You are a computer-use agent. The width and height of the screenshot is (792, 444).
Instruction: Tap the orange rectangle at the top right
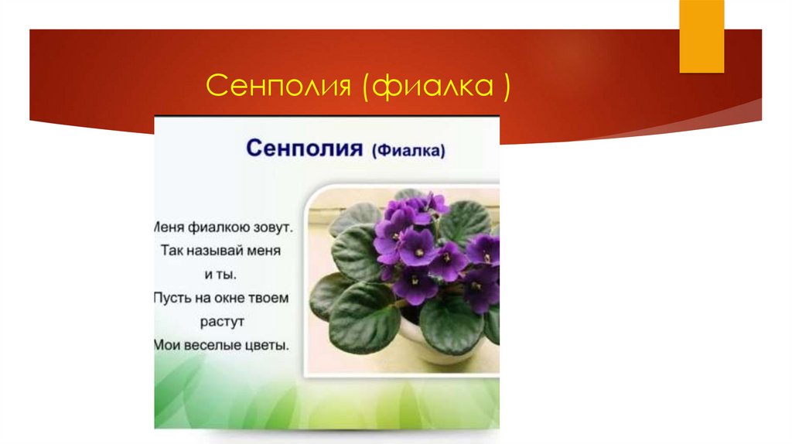(702, 36)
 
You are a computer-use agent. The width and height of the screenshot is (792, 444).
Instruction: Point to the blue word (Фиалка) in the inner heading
(409, 152)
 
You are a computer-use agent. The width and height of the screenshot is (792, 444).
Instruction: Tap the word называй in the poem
(220, 251)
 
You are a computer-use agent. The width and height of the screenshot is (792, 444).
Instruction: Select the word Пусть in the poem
(169, 298)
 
